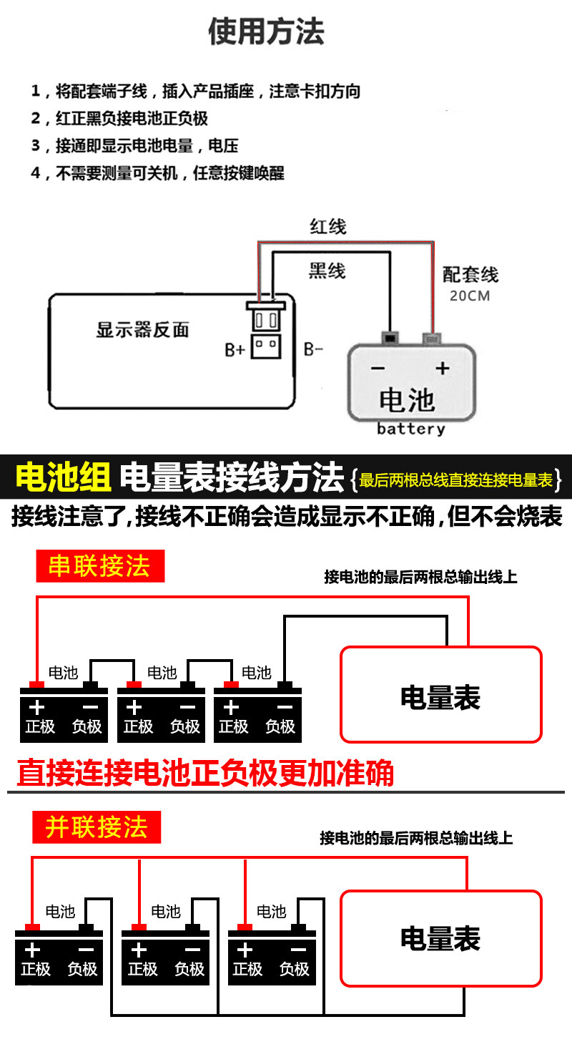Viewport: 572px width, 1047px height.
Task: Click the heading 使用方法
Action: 266,32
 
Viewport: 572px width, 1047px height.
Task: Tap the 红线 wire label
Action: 327,227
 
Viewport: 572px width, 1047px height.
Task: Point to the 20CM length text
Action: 470,296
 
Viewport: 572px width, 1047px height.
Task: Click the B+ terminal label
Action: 235,349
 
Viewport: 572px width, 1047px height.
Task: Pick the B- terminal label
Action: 314,349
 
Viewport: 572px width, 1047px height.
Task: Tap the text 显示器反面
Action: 142,330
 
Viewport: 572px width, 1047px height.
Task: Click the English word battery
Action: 411,429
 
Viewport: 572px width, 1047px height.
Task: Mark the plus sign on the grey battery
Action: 443,369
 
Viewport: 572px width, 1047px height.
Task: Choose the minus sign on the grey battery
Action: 378,369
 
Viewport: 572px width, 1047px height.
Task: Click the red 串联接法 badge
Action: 100,566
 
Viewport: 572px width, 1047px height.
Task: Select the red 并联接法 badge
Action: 97,827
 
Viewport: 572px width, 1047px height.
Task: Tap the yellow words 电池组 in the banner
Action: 64,477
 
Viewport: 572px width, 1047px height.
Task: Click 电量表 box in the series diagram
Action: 440,695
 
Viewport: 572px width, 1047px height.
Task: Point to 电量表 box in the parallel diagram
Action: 440,938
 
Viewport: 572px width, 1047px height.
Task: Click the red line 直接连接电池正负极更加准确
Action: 205,773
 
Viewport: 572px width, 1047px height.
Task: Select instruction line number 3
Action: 134,146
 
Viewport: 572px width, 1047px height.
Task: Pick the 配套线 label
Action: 470,275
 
